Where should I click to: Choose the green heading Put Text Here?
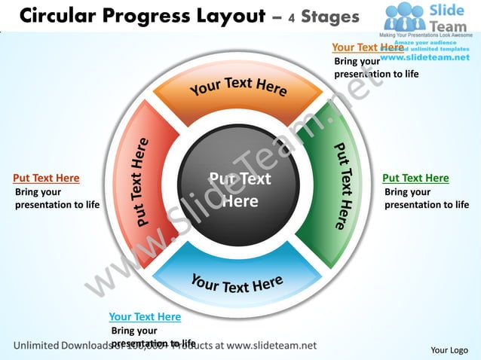click(x=415, y=178)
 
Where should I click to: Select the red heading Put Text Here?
click(x=46, y=178)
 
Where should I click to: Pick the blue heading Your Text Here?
click(x=145, y=317)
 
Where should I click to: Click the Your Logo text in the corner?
click(x=449, y=349)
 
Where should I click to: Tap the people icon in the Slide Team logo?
click(x=406, y=17)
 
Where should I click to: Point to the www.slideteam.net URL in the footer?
click(x=271, y=346)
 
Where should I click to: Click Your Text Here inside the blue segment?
click(x=236, y=284)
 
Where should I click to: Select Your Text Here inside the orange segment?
click(x=238, y=86)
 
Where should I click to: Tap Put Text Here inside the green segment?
click(x=343, y=185)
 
